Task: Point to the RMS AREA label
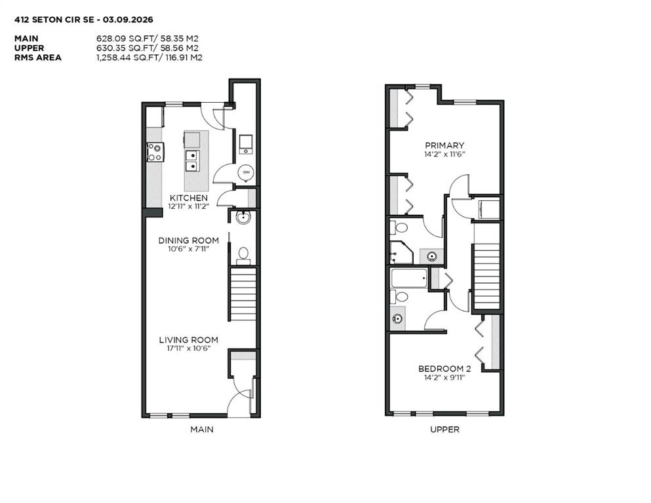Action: [x=38, y=58]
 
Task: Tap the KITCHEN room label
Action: [x=189, y=198]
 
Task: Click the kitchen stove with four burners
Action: [x=155, y=153]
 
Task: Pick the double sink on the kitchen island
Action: [x=192, y=160]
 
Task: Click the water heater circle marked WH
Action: [x=246, y=172]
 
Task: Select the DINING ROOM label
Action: [x=188, y=240]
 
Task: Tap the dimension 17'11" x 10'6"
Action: [x=188, y=349]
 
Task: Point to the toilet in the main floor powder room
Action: [x=243, y=253]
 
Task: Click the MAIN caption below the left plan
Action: [x=202, y=430]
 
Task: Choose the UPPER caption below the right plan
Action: [x=444, y=430]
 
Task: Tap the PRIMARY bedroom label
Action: [x=444, y=145]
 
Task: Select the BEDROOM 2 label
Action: [x=444, y=369]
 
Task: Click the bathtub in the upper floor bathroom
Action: [x=409, y=279]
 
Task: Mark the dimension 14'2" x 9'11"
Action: [x=444, y=378]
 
